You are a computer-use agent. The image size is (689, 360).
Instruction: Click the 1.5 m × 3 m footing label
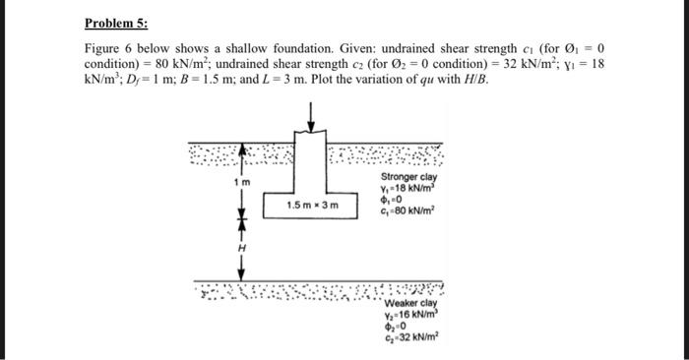[312, 206]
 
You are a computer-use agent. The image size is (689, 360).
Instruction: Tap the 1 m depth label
[239, 183]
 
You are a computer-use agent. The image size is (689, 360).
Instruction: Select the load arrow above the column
[312, 115]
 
